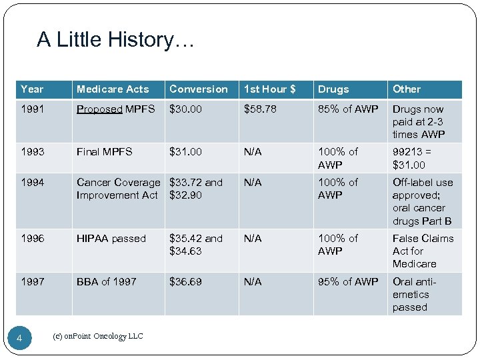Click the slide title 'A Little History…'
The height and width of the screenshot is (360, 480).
click(115, 40)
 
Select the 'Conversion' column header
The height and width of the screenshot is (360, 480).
click(198, 89)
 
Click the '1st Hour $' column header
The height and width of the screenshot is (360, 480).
click(269, 89)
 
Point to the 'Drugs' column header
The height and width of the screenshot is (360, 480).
click(333, 89)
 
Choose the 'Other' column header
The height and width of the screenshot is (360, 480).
click(407, 89)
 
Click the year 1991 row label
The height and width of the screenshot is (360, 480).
click(32, 109)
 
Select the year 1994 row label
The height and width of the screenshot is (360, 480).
click(32, 183)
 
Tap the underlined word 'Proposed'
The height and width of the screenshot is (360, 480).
click(99, 109)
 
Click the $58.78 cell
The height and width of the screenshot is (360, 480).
click(259, 109)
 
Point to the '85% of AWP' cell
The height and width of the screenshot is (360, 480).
click(347, 109)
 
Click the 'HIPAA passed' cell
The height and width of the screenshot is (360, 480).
click(111, 239)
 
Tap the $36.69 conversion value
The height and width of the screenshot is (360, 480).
click(185, 282)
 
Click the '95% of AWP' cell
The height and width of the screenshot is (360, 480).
click(347, 282)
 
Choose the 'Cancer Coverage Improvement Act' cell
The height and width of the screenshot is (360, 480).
click(118, 189)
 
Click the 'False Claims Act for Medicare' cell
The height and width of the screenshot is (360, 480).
click(423, 251)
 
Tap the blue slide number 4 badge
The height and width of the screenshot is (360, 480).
click(19, 339)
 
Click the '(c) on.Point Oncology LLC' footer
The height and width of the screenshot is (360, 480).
click(97, 337)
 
